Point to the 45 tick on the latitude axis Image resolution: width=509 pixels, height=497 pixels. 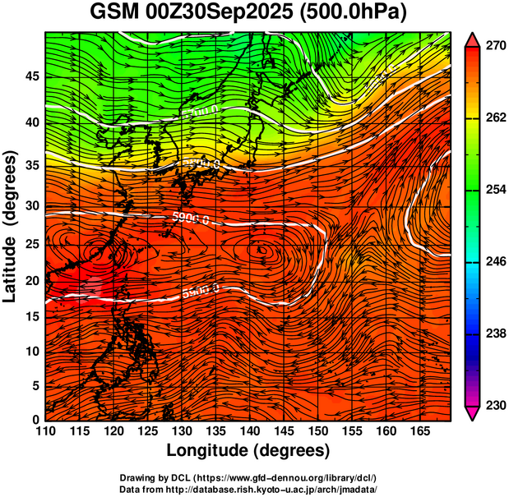[30, 76]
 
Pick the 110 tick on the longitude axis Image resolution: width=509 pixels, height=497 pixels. [45, 431]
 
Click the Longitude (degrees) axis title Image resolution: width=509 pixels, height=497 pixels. [248, 450]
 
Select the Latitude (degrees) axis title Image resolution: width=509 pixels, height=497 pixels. [11, 225]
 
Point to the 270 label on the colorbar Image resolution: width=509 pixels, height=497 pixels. [494, 48]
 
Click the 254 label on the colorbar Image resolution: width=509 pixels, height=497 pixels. [494, 190]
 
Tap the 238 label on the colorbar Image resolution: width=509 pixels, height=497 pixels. [494, 334]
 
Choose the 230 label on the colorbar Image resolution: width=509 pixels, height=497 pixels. [494, 405]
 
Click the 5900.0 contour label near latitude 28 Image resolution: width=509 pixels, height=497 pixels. [192, 217]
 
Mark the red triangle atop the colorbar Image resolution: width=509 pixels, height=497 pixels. [472, 39]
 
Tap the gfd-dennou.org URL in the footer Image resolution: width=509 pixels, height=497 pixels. [275, 477]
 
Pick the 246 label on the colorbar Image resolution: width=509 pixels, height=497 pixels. [494, 261]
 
